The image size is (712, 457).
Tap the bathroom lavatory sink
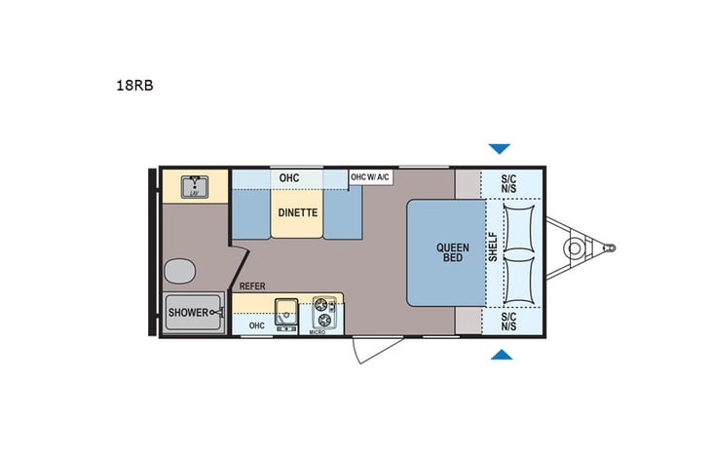(x=196, y=185)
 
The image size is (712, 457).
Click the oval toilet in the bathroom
(x=179, y=270)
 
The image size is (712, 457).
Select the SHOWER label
(x=188, y=313)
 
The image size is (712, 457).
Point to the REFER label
(x=253, y=286)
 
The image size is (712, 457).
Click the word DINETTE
(x=297, y=211)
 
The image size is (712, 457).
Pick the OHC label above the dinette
(x=288, y=177)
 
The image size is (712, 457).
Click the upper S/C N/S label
(x=508, y=184)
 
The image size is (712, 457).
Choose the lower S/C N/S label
(x=508, y=321)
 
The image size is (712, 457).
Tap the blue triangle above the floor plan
(x=500, y=149)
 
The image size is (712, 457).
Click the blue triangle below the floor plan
(x=500, y=357)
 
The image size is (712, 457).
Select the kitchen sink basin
(x=286, y=312)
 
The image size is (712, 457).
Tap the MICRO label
(x=317, y=332)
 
